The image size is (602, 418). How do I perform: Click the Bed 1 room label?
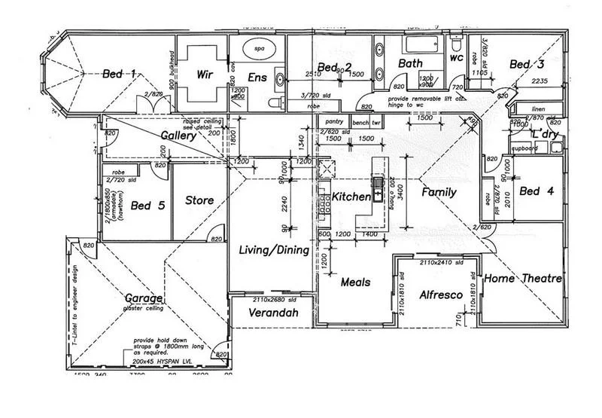(119, 74)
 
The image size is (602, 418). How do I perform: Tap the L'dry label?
(543, 133)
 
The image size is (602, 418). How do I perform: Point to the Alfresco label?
(439, 295)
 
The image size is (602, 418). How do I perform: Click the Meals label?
(354, 282)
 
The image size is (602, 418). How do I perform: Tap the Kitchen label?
(351, 197)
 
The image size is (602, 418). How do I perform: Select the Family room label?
(439, 192)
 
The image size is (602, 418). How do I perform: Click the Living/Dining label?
(273, 250)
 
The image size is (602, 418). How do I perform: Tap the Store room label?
(199, 200)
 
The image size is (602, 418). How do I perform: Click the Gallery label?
(179, 136)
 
